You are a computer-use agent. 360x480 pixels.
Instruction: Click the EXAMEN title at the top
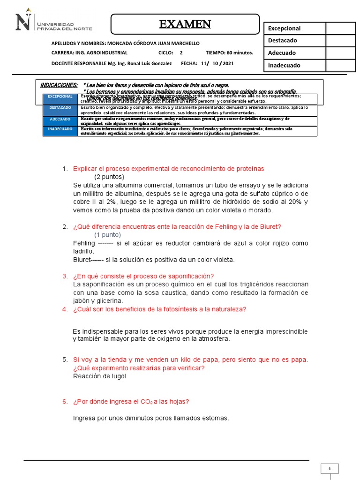pyautogui.click(x=185, y=24)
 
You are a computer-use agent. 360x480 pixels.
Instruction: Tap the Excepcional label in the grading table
pyautogui.click(x=284, y=29)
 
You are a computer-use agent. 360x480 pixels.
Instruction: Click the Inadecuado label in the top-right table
pyautogui.click(x=284, y=66)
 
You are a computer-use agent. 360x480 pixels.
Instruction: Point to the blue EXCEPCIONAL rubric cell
pyautogui.click(x=60, y=97)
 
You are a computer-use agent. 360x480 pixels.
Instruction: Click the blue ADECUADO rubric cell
pyautogui.click(x=60, y=119)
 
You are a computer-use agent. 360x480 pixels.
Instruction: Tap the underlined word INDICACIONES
pyautogui.click(x=59, y=85)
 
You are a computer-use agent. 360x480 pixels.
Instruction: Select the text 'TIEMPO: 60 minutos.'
pyautogui.click(x=229, y=53)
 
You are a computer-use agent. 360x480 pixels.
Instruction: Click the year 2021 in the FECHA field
pyautogui.click(x=227, y=63)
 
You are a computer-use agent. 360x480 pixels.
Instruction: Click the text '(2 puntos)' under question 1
pyautogui.click(x=109, y=177)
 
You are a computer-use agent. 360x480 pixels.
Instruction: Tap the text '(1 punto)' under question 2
pyautogui.click(x=107, y=235)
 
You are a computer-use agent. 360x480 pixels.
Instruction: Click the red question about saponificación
pyautogui.click(x=143, y=276)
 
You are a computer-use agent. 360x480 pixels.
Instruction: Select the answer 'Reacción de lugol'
pyautogui.click(x=99, y=376)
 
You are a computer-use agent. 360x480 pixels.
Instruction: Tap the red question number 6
pyautogui.click(x=65, y=402)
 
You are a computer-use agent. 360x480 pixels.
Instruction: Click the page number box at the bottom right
pyautogui.click(x=330, y=469)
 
